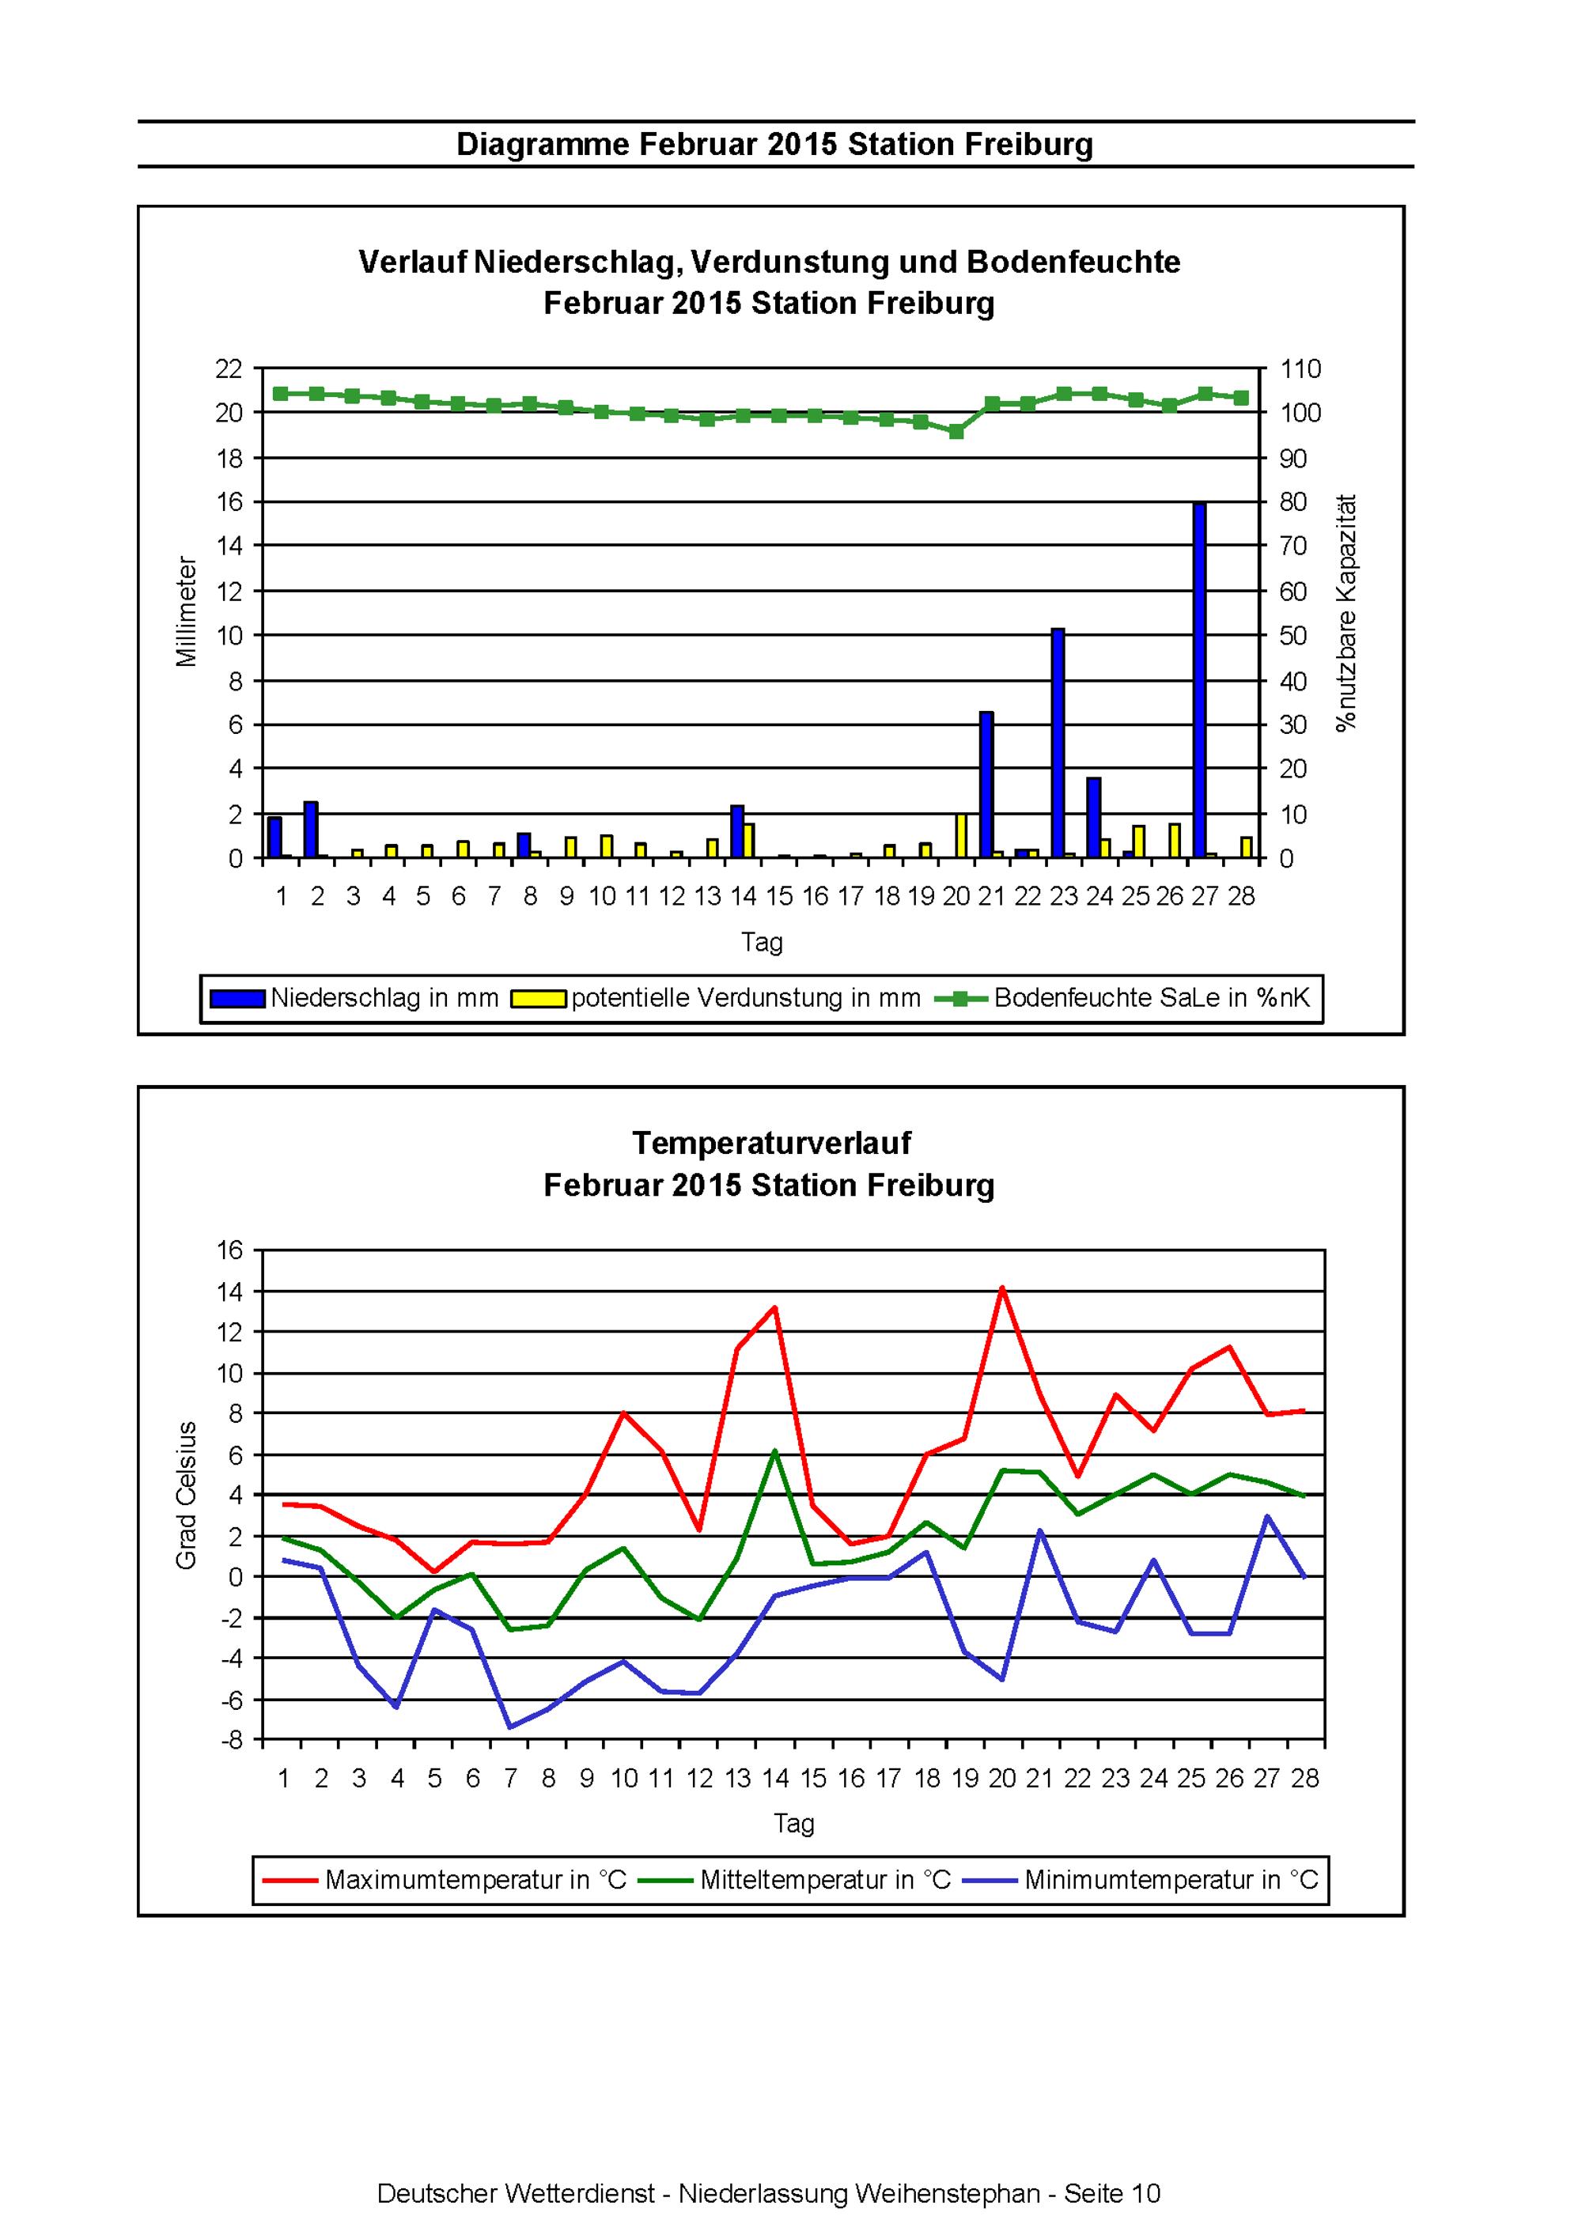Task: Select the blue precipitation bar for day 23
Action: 1058,744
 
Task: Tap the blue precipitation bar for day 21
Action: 986,785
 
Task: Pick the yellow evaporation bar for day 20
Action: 961,836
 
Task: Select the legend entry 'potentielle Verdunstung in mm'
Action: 717,999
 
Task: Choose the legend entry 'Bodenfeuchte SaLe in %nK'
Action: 1123,999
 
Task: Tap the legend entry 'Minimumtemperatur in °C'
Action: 1141,1880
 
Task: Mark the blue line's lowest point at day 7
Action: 510,1728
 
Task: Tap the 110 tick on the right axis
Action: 1301,369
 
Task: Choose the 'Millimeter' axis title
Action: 187,612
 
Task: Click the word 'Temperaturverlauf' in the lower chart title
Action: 771,1143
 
